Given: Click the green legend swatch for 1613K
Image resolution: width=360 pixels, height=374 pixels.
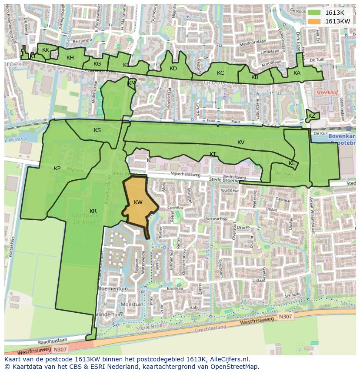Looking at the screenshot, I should click(314, 12).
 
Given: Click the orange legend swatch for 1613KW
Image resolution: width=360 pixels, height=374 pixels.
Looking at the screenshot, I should click(314, 21).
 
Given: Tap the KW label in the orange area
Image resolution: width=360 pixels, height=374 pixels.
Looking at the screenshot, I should click(138, 202).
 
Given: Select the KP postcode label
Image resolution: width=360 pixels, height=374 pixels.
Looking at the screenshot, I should click(57, 169).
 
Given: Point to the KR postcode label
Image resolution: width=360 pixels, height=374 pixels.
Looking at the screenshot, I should click(93, 211).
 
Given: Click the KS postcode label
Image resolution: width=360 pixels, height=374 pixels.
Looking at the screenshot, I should click(97, 130).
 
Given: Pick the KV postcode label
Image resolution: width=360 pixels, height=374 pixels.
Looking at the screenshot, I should click(241, 142).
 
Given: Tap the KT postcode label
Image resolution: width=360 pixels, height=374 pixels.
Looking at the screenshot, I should click(213, 154).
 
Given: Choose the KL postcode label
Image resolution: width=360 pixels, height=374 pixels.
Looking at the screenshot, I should click(292, 163).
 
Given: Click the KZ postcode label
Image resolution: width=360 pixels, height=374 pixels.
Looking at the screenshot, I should click(312, 116).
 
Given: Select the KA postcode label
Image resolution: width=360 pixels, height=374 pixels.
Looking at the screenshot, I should click(297, 73).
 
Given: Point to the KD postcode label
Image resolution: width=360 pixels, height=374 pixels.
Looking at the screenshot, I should click(173, 69).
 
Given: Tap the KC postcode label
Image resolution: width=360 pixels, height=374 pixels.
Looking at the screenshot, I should click(220, 73).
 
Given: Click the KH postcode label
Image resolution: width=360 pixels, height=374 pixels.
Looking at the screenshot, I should click(70, 58).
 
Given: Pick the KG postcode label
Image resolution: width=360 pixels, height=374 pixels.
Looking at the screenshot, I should click(97, 64).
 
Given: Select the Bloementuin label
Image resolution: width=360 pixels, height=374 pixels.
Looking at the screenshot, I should click(113, 288).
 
